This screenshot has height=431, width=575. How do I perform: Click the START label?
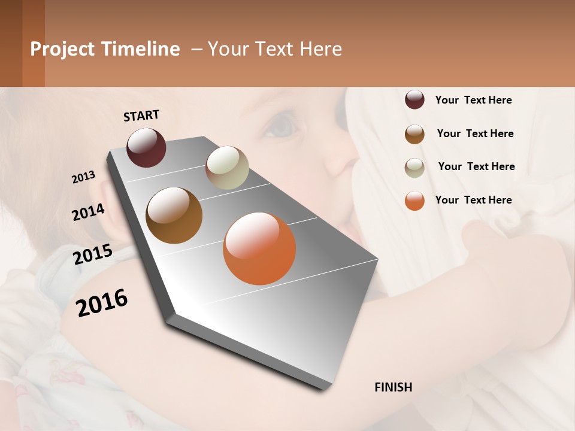141,116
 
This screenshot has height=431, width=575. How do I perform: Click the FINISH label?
393,387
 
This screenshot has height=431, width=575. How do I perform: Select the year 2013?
83,177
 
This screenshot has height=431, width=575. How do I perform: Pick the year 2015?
93,254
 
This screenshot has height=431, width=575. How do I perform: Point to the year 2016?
102,303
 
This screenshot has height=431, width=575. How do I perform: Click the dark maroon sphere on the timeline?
146,147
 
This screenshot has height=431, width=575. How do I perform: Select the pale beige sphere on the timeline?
227,168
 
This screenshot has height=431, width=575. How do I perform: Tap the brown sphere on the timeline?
174,215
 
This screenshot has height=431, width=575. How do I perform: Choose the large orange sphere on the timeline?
259,248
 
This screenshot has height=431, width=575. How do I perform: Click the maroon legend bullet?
414,99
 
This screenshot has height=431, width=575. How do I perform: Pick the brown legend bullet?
414,134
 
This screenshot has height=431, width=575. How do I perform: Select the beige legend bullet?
414,168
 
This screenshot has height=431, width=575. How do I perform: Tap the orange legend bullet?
414,201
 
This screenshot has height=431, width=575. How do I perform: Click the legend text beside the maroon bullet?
473,100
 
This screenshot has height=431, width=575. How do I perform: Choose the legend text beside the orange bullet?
473,200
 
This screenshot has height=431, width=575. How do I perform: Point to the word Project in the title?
63,49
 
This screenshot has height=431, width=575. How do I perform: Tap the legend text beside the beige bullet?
476,166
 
